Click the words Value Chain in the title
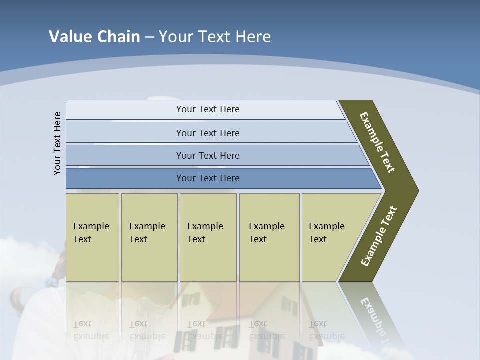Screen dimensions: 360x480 94,37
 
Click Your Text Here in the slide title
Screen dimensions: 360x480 215,37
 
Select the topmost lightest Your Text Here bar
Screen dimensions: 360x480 208,109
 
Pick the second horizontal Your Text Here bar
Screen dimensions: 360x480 208,133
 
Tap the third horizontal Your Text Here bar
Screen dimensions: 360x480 208,155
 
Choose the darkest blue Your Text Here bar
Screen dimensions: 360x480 208,178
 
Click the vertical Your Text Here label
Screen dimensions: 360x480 57,144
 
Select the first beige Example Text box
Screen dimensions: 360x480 92,237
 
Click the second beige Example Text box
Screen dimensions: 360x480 149,237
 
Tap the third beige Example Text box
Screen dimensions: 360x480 207,237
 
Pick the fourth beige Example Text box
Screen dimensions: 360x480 269,237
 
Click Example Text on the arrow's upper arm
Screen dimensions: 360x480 377,142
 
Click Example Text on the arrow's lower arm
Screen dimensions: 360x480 379,236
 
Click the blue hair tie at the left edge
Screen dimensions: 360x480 51,282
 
